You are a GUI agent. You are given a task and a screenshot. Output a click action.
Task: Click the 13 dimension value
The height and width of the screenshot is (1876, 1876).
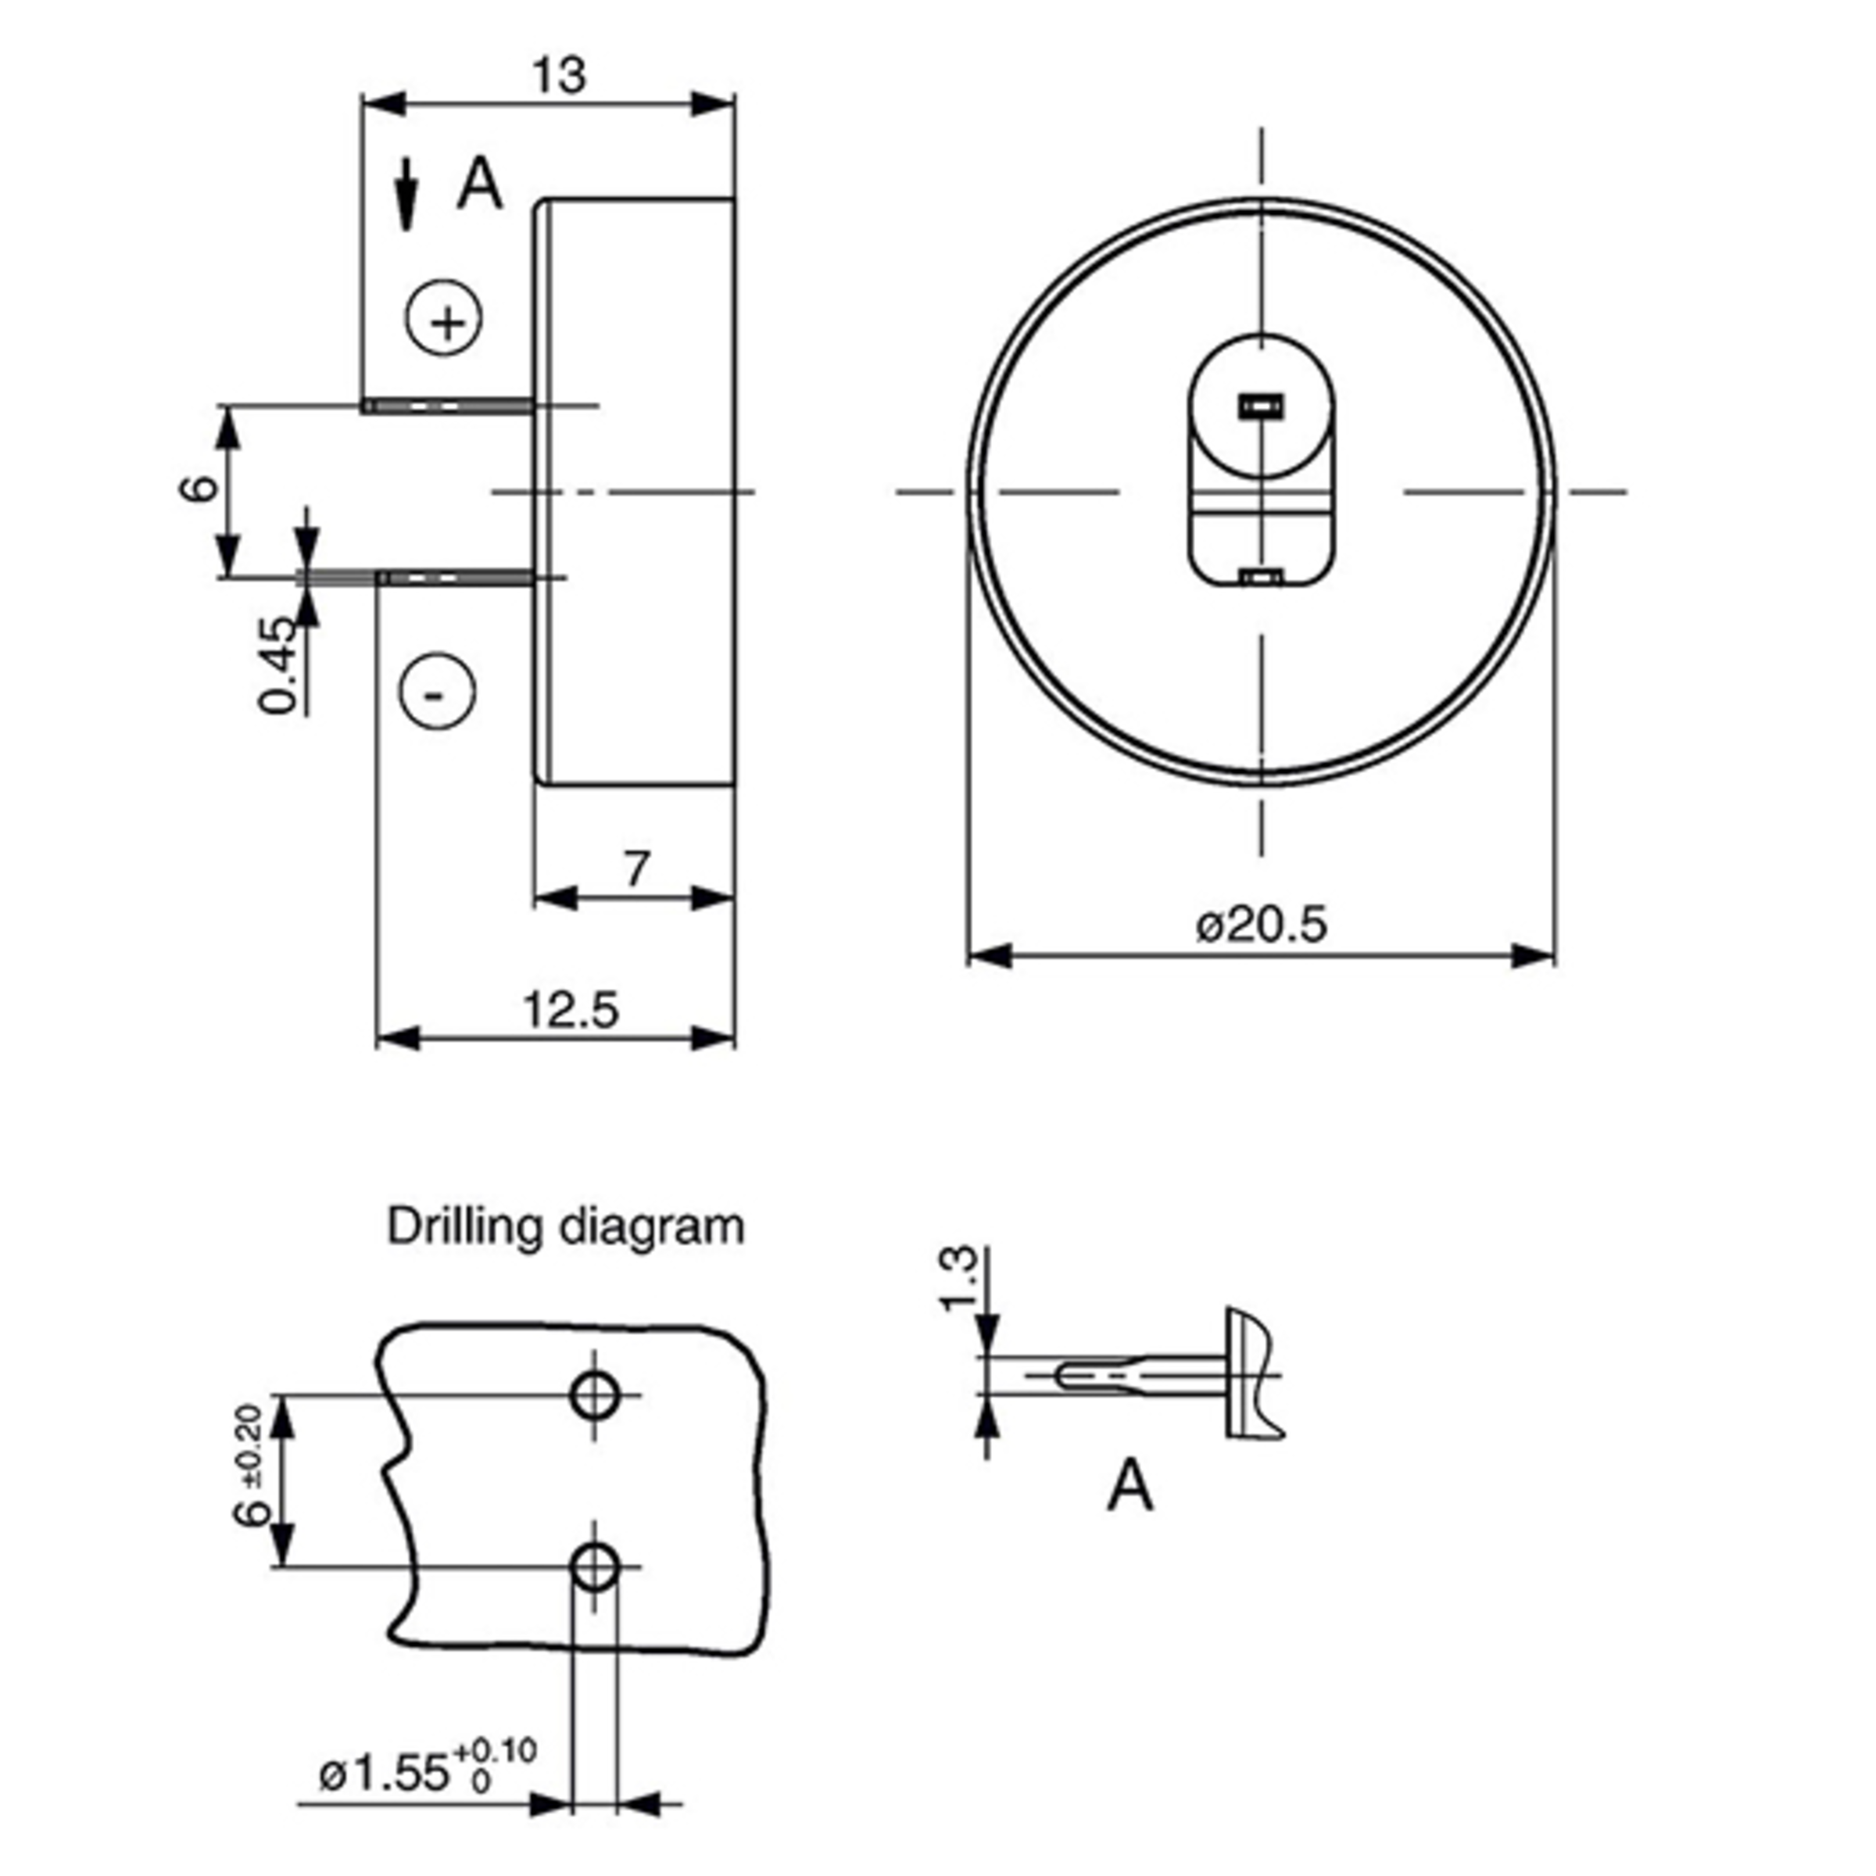pos(560,76)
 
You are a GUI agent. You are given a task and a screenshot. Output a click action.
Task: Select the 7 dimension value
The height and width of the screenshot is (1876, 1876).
pos(636,868)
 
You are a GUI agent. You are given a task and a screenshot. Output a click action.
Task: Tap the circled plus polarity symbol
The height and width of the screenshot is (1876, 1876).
pos(445,318)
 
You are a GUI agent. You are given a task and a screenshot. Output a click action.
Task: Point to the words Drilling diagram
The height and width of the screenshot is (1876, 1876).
pos(565,1226)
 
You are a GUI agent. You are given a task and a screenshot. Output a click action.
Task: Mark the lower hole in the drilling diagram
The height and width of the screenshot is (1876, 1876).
pos(595,1567)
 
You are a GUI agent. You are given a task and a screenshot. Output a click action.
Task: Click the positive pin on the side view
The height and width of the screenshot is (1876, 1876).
pos(448,405)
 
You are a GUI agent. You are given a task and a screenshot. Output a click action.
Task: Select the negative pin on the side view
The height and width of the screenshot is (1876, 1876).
pos(456,578)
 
